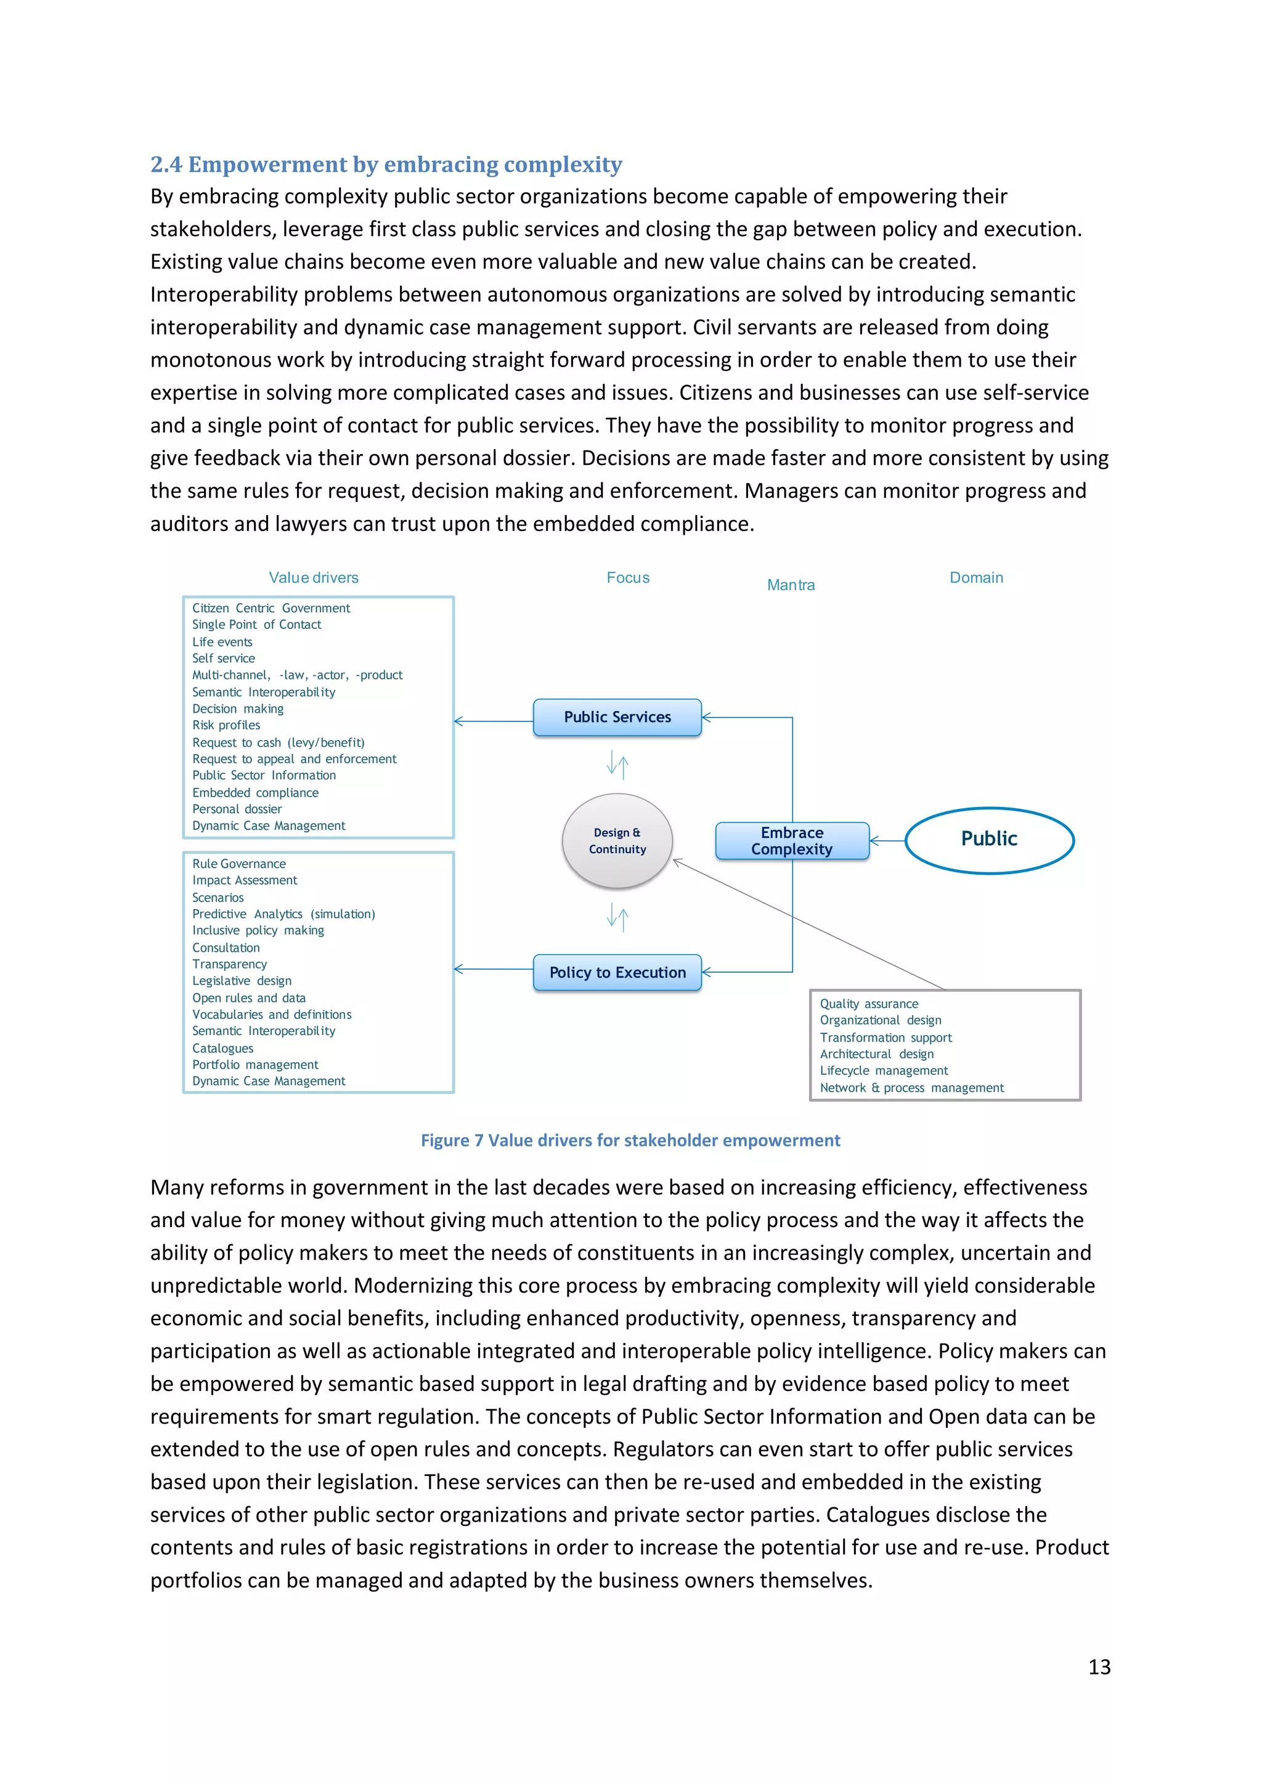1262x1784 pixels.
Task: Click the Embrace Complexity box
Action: point(792,841)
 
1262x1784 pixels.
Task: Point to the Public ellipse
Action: point(989,839)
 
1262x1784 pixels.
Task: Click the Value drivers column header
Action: point(313,577)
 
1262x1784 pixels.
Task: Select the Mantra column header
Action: point(791,585)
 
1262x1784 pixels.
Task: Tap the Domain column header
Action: point(976,577)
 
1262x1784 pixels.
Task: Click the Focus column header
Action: point(628,577)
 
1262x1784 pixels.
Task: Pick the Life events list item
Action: point(222,642)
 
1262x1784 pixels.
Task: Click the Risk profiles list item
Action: point(226,725)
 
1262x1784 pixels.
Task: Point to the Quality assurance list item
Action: point(869,1004)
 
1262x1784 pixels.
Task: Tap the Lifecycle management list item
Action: point(884,1071)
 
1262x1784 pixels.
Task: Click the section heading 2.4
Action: point(386,164)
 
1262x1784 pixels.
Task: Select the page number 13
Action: point(1099,1667)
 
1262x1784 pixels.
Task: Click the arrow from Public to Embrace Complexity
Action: point(887,841)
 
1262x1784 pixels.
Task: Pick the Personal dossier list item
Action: point(237,809)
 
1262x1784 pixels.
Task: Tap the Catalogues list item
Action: point(223,1048)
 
